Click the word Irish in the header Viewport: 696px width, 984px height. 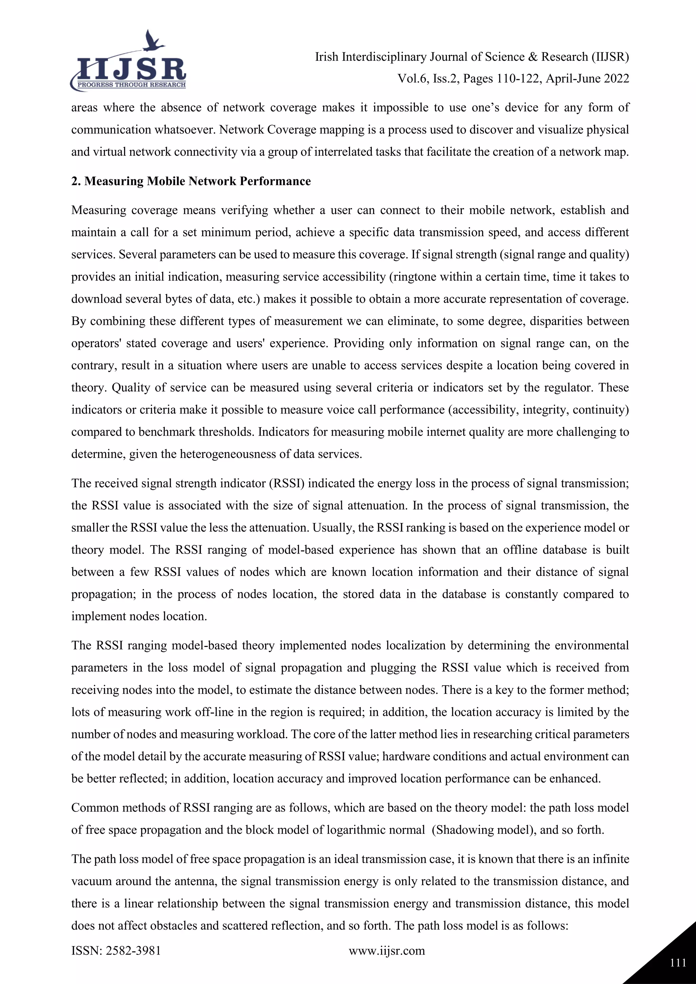click(327, 57)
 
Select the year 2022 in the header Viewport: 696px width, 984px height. click(616, 79)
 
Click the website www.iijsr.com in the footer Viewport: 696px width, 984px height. click(386, 951)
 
